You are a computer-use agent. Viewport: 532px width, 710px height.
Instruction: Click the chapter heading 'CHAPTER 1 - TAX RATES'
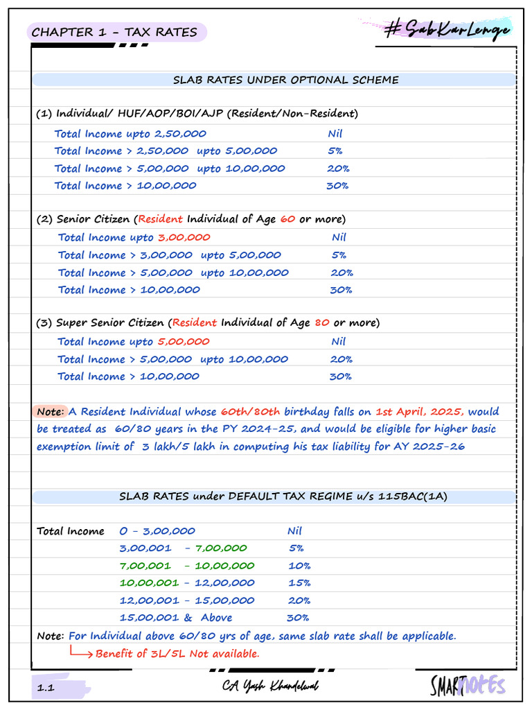pyautogui.click(x=114, y=32)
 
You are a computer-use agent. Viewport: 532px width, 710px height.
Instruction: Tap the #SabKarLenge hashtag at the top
pyautogui.click(x=447, y=30)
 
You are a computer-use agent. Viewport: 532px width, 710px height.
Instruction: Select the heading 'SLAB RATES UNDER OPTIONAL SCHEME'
pyautogui.click(x=285, y=80)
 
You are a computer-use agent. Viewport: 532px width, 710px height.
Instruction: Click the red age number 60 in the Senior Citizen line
pyautogui.click(x=287, y=219)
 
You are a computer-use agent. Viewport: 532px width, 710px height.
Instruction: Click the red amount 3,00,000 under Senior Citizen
pyautogui.click(x=184, y=237)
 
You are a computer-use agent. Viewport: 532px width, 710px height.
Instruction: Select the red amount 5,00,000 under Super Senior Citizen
pyautogui.click(x=183, y=341)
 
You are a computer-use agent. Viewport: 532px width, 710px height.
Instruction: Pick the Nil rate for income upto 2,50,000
pyautogui.click(x=335, y=134)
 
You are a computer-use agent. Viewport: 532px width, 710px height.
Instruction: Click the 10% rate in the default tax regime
pyautogui.click(x=299, y=566)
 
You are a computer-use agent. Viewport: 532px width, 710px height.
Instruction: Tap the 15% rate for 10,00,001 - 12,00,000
pyautogui.click(x=299, y=583)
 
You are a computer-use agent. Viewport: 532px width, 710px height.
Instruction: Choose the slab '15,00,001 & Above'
pyautogui.click(x=176, y=618)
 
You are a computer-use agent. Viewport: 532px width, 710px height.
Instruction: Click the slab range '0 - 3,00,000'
pyautogui.click(x=157, y=531)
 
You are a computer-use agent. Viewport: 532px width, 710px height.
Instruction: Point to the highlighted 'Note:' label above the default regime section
pyautogui.click(x=51, y=411)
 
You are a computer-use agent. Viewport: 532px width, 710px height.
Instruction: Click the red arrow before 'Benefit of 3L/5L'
pyautogui.click(x=81, y=652)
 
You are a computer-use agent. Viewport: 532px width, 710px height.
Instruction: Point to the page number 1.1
pyautogui.click(x=46, y=687)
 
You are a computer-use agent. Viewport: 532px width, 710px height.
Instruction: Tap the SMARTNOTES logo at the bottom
pyautogui.click(x=467, y=686)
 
